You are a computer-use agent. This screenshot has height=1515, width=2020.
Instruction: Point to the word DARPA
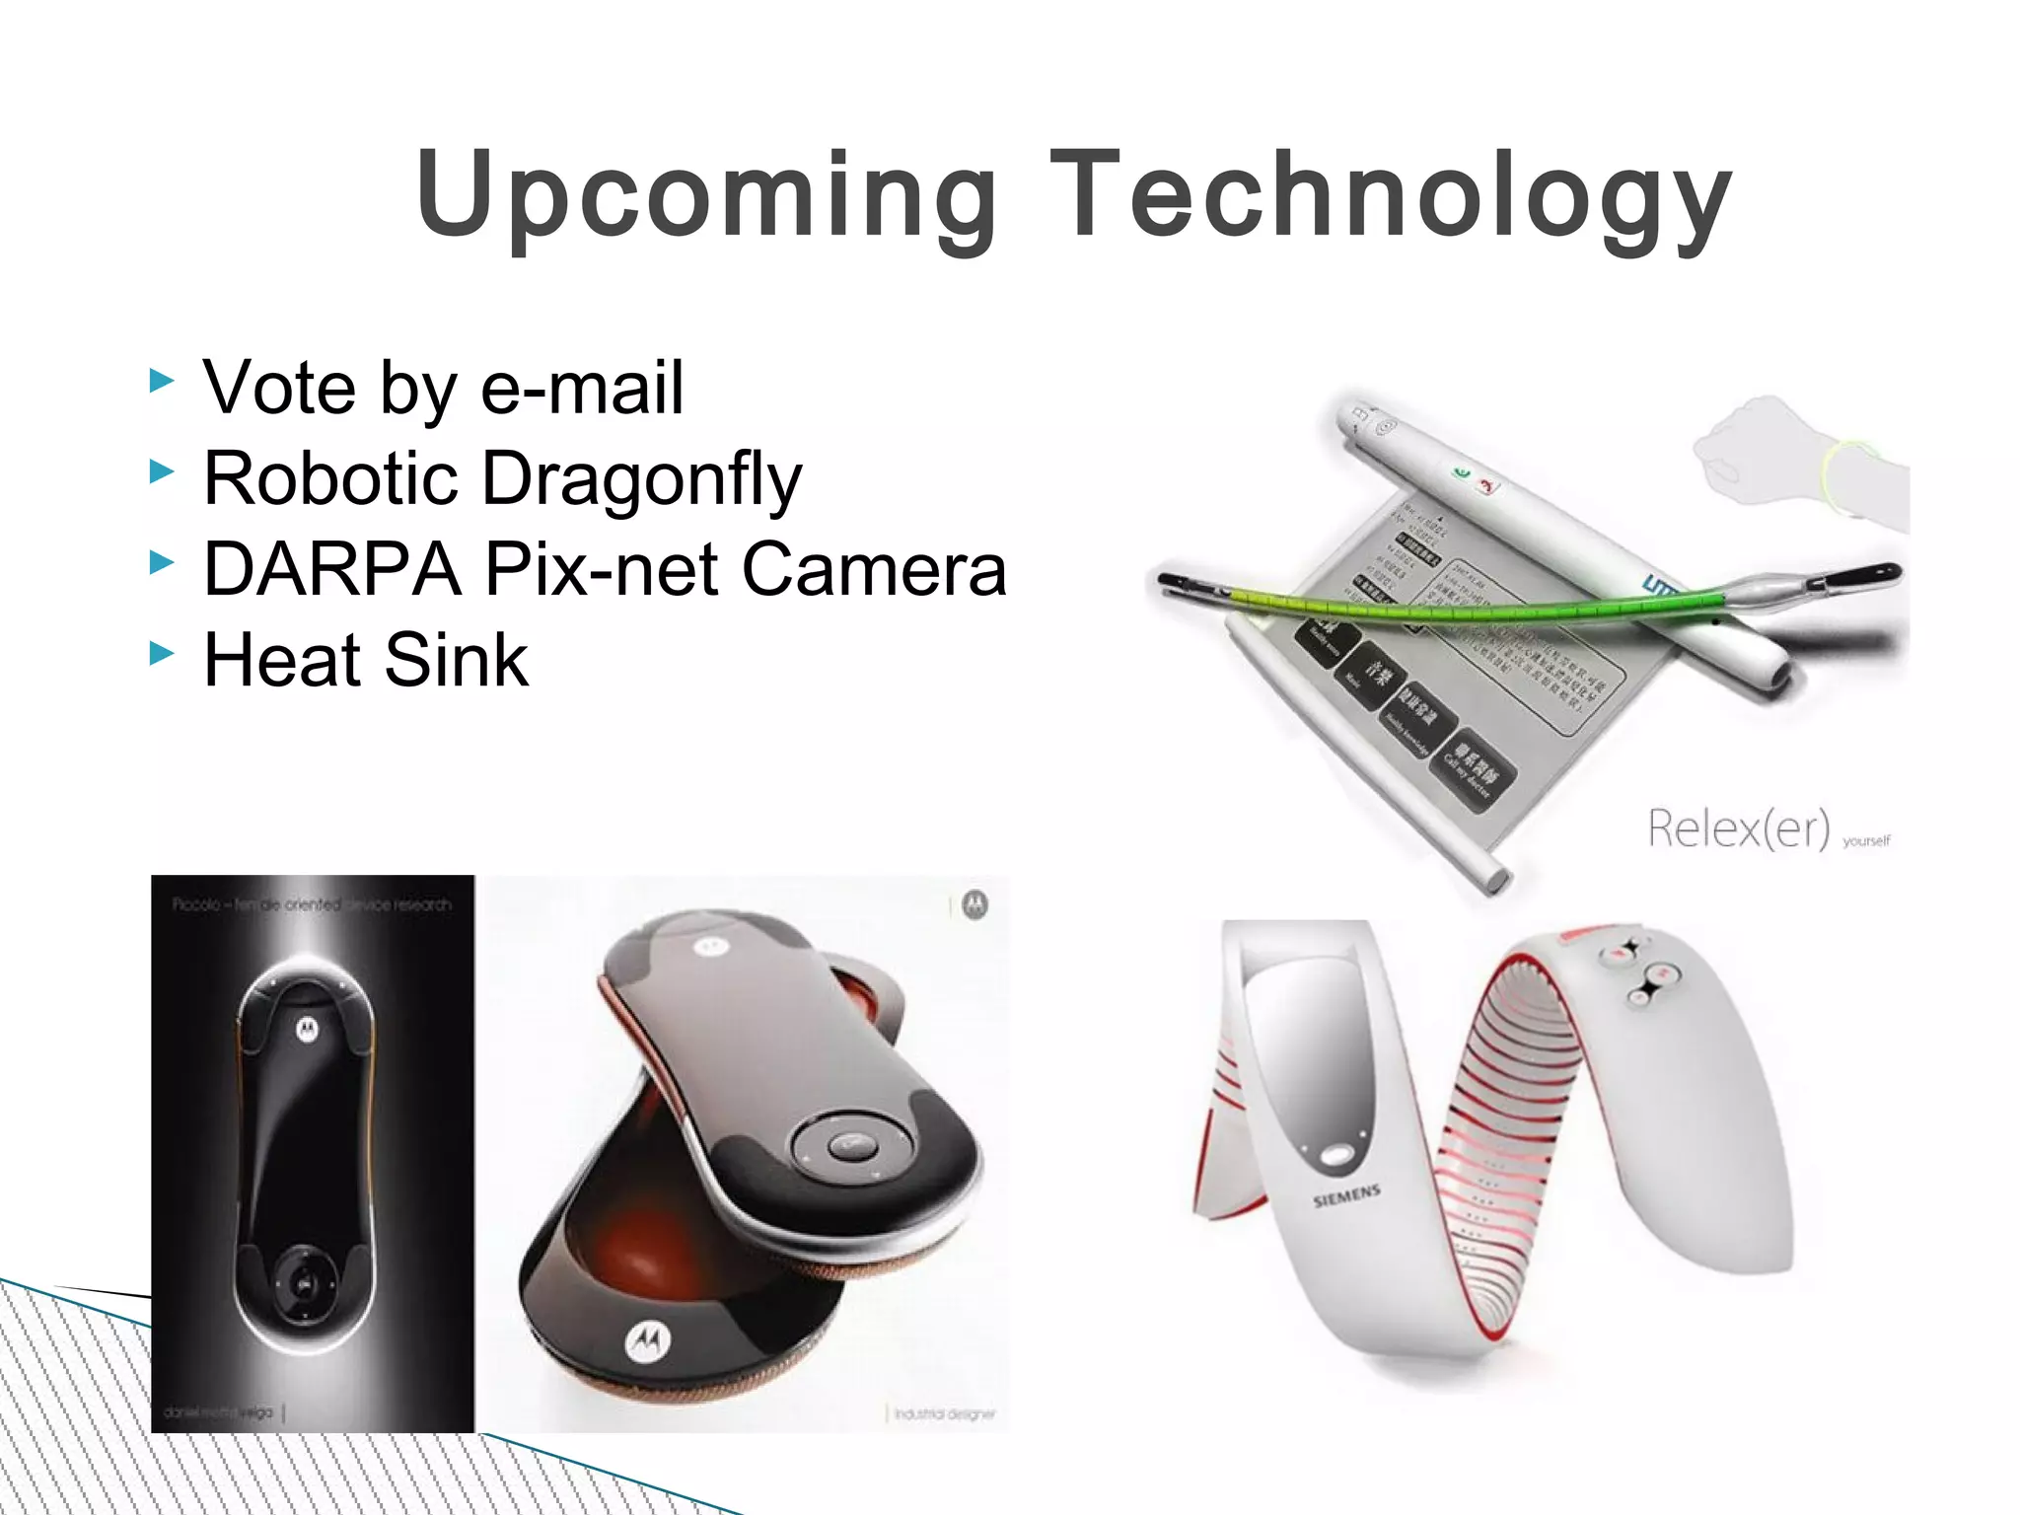coord(332,570)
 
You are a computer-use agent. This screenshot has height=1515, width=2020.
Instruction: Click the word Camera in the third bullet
coord(874,570)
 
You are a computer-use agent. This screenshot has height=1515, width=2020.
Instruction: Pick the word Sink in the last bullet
coord(456,661)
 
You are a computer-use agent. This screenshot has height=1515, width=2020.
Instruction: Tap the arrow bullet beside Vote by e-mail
coord(162,380)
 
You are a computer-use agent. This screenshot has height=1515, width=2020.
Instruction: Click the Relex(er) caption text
coord(1739,829)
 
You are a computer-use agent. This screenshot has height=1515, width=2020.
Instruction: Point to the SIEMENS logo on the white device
coord(1346,1196)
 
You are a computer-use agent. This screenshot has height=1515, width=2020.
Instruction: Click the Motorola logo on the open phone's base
coord(648,1340)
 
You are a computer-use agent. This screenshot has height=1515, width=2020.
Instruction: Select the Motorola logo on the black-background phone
coord(307,1030)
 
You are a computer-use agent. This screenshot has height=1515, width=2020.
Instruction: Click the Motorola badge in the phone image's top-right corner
coord(974,904)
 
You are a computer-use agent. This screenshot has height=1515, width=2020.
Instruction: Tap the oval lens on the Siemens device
coord(1336,1155)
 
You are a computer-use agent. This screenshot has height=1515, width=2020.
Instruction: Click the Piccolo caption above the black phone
coord(312,904)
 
